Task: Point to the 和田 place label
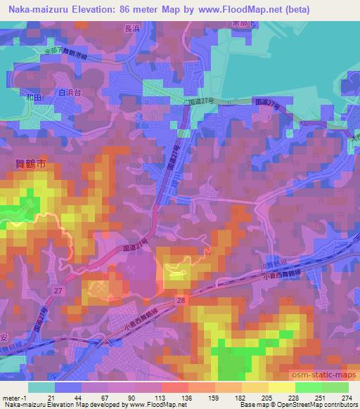(x=33, y=98)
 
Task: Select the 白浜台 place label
(x=70, y=92)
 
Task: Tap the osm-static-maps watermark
(x=323, y=370)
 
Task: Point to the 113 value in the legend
(x=150, y=398)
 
